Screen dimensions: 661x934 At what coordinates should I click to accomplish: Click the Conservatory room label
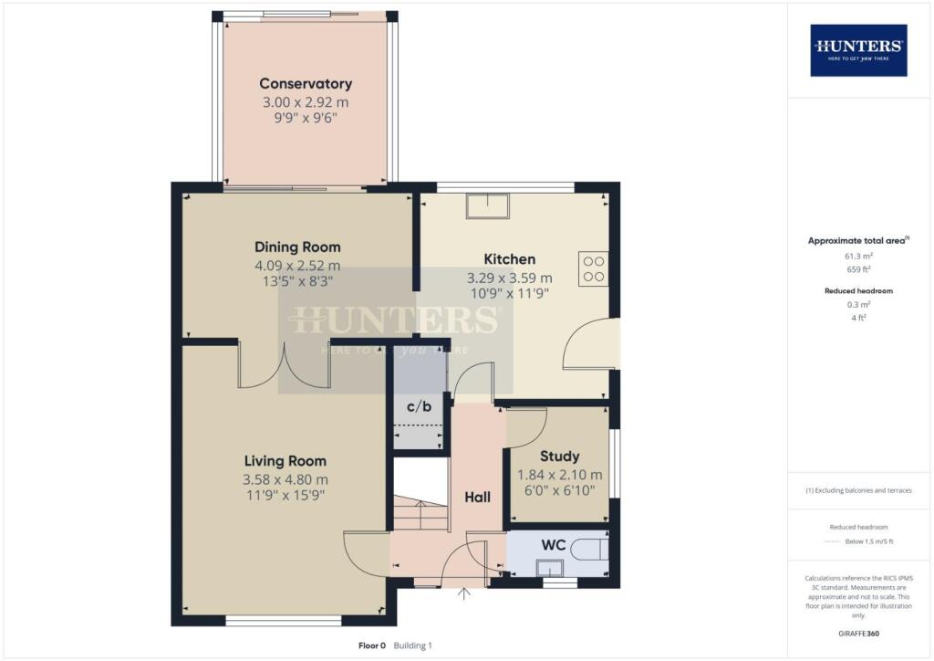click(x=305, y=84)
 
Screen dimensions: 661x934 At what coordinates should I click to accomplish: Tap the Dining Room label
click(x=297, y=247)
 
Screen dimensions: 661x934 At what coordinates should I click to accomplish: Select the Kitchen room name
click(x=509, y=259)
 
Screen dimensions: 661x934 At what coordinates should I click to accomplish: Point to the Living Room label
click(x=285, y=461)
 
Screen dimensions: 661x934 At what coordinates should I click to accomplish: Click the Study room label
click(x=559, y=456)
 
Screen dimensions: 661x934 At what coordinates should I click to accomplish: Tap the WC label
click(x=554, y=545)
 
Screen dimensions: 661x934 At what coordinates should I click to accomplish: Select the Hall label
click(x=477, y=498)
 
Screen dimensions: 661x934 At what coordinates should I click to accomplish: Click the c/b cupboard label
click(x=419, y=406)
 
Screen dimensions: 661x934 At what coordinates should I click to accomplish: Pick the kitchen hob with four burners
click(x=593, y=267)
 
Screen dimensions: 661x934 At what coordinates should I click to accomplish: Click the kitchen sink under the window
click(x=489, y=205)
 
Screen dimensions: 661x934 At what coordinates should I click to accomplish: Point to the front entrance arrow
click(x=464, y=595)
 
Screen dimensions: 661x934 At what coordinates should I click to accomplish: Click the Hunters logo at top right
click(x=858, y=49)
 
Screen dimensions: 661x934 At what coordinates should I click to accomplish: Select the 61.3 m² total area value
click(x=857, y=257)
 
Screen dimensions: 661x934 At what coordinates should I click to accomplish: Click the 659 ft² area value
click(x=857, y=270)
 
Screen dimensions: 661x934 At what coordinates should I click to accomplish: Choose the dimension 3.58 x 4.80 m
click(x=285, y=479)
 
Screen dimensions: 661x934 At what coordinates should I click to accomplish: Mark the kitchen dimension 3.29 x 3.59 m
click(x=509, y=278)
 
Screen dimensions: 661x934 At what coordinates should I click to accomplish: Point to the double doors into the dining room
click(x=283, y=365)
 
